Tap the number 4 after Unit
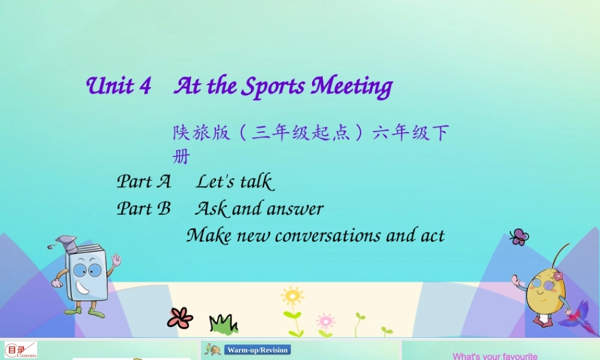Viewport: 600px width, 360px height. pos(144,86)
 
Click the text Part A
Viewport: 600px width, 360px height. pos(143,181)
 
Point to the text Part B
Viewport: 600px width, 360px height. pos(143,208)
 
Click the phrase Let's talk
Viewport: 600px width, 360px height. pos(235,181)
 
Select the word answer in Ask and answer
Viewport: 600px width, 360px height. pos(295,209)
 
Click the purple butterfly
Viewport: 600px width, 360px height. pos(518,237)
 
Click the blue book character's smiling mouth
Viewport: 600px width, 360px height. pos(83,289)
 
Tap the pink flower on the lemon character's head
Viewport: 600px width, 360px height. pos(558,276)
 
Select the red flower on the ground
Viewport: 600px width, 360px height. pos(179,317)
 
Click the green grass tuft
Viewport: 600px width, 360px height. pos(223,324)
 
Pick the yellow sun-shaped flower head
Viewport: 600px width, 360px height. pos(292,296)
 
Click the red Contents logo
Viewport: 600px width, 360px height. pos(20,350)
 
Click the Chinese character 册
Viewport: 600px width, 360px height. pos(181,157)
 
